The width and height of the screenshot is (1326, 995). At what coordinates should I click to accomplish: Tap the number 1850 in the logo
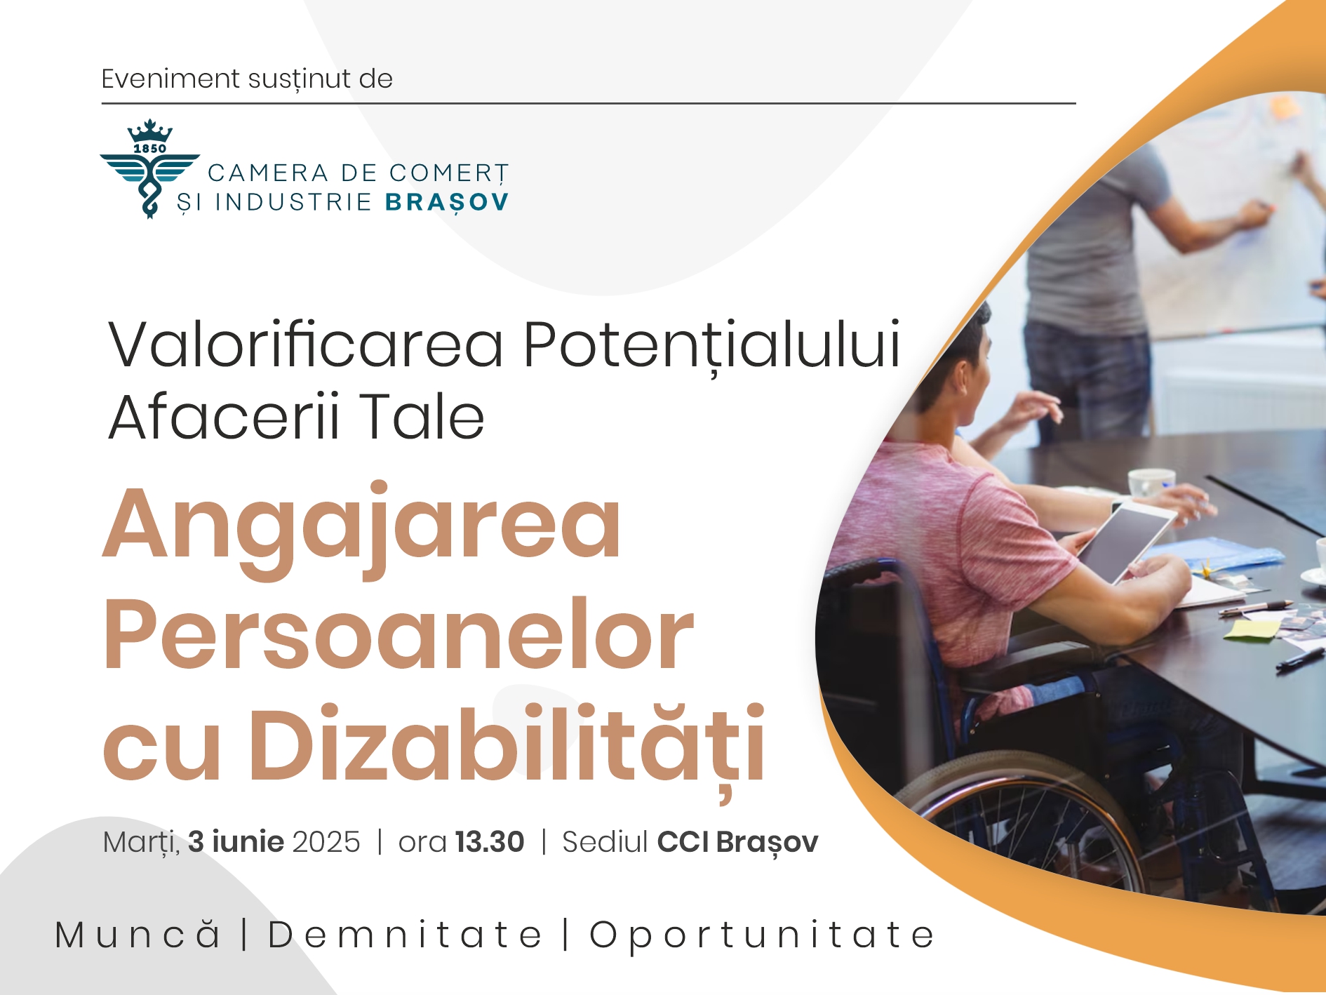pos(149,149)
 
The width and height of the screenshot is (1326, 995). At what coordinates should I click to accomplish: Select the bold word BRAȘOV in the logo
pos(447,203)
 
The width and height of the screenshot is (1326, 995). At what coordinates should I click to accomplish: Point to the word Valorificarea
pos(306,345)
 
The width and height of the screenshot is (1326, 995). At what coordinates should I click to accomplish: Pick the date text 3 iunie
pos(236,841)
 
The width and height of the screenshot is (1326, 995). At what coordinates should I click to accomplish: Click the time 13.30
pos(490,842)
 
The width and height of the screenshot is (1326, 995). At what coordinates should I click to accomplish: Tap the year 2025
pos(326,842)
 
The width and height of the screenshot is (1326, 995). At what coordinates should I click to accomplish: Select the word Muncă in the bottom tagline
pos(138,934)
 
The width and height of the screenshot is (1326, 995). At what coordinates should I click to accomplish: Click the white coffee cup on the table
pos(1150,483)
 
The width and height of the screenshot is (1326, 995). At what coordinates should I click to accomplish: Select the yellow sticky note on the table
pos(1252,629)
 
